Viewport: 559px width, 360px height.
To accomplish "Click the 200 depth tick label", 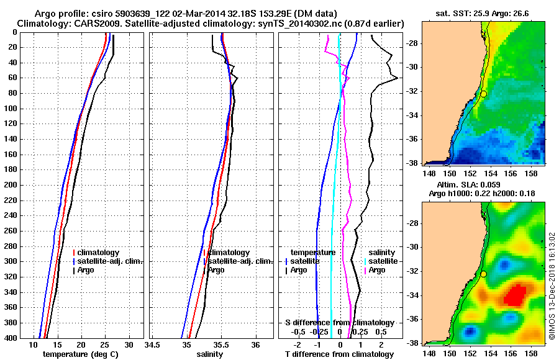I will (x=9, y=185).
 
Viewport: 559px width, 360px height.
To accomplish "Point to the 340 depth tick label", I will (x=9, y=292).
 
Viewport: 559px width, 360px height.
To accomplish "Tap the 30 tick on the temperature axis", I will (x=129, y=344).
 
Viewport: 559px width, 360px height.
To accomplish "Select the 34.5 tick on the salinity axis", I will (x=153, y=344).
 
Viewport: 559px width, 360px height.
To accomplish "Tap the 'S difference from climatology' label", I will (x=339, y=323).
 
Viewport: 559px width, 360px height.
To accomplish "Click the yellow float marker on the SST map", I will (x=483, y=94).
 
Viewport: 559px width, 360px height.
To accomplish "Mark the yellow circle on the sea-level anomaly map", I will (x=483, y=274).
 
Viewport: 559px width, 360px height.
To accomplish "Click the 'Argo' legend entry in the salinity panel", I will (x=216, y=270).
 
